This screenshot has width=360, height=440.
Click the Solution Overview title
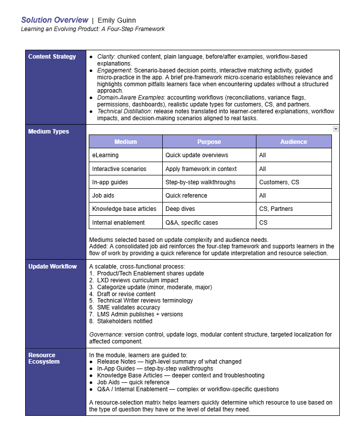click(55, 20)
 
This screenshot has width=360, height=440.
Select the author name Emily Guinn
click(116, 20)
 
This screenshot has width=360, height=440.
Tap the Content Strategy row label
click(52, 57)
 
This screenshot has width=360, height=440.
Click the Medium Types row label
click(49, 132)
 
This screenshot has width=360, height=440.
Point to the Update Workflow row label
click(53, 267)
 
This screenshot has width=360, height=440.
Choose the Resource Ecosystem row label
click(42, 358)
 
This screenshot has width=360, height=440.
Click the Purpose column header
click(209, 142)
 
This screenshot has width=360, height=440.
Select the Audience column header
click(293, 142)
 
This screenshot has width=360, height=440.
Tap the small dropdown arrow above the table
click(336, 129)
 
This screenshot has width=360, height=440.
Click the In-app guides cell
click(110, 182)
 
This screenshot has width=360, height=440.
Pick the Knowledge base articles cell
click(124, 209)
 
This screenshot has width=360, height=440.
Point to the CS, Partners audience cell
click(276, 209)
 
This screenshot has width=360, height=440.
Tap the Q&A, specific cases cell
click(192, 223)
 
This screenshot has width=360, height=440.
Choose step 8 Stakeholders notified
click(125, 321)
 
